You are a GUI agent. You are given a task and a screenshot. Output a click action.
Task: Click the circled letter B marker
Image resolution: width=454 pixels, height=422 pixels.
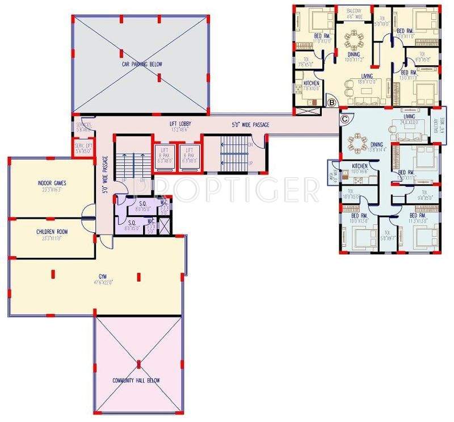(331, 102)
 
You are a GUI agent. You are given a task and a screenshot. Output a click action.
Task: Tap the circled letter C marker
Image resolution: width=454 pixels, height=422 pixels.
(344, 119)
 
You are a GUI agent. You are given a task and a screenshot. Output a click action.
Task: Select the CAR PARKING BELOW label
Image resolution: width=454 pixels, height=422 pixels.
(142, 65)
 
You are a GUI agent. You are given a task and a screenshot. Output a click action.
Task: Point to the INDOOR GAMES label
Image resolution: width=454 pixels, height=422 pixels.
(52, 183)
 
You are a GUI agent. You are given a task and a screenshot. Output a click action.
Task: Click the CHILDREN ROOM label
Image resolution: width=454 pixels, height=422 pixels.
(52, 232)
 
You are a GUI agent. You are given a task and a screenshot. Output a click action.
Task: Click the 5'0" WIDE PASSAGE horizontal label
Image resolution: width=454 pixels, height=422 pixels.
(250, 124)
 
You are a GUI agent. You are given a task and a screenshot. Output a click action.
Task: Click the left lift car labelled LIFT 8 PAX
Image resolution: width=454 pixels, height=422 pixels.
(164, 154)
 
